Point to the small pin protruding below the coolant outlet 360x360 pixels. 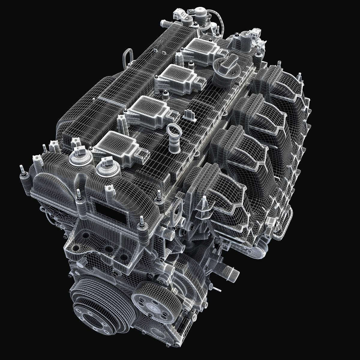[217, 289]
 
